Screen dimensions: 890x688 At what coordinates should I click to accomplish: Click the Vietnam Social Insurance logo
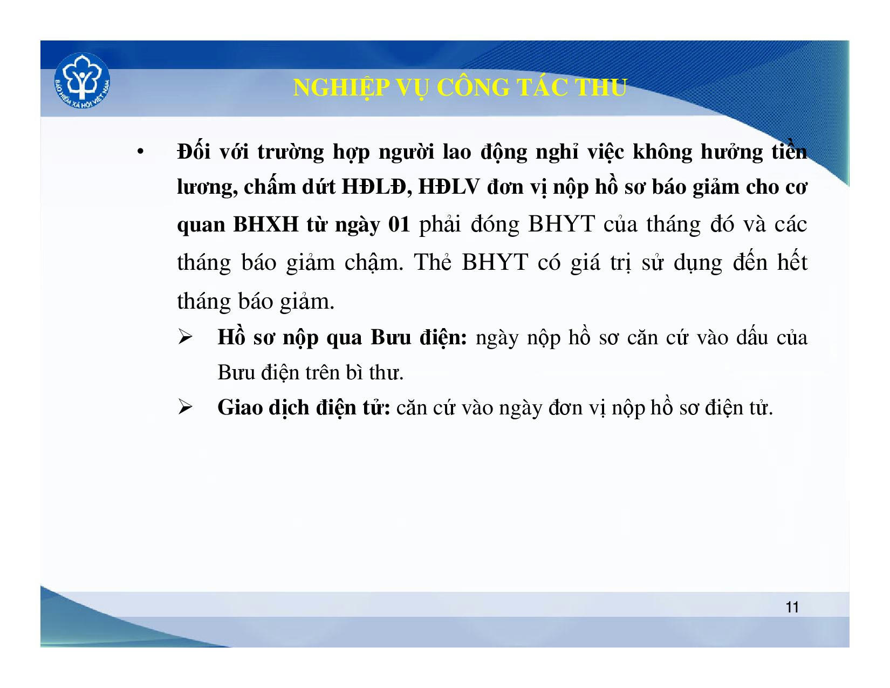point(82,81)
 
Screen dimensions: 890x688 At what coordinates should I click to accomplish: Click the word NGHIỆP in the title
point(341,88)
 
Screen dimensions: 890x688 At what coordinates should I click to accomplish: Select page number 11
point(792,607)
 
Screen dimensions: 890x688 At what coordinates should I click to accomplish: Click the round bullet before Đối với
point(140,152)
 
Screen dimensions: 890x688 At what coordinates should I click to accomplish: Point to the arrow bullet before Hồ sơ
point(185,338)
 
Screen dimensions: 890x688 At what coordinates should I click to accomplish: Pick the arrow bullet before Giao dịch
point(185,408)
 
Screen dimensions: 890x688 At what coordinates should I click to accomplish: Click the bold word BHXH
point(266,224)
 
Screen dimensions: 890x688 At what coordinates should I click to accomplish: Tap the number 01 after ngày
point(399,224)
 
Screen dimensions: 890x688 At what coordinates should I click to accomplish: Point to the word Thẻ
point(432,262)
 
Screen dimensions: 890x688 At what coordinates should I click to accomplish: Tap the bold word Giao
point(240,408)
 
